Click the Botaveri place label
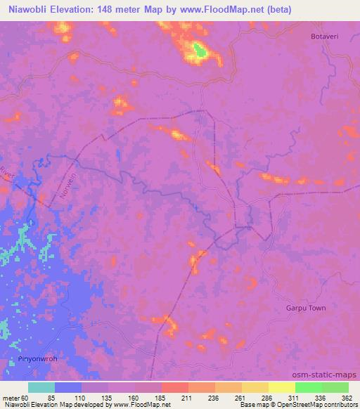pyautogui.click(x=326, y=36)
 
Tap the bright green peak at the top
pyautogui.click(x=200, y=51)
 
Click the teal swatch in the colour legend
pyautogui.click(x=41, y=387)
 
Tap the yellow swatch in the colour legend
pyautogui.click(x=282, y=387)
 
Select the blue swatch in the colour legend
pyautogui.click(x=68, y=387)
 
